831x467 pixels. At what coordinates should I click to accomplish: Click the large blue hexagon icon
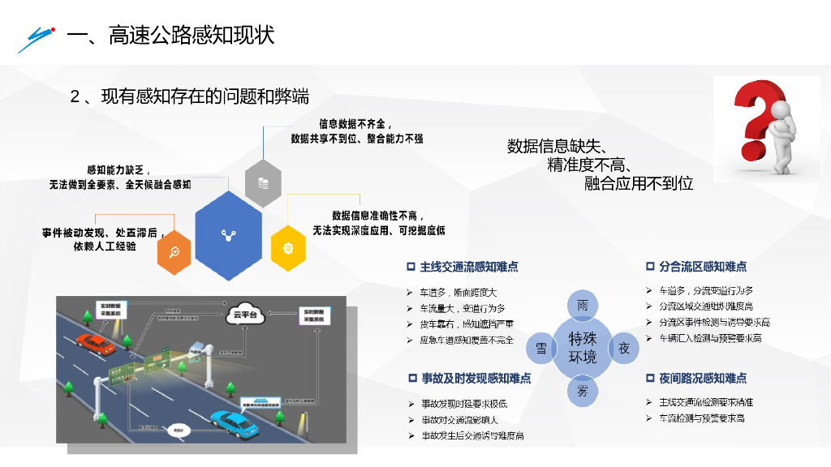coord(228,235)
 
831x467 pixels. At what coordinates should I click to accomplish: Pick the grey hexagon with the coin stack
coord(263,183)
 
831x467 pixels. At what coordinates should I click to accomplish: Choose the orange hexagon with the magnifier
coord(174,251)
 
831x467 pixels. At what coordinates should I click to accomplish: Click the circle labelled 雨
coord(582,306)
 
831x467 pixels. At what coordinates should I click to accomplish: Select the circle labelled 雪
coord(541,348)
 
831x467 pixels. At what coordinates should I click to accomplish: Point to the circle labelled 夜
coord(624,348)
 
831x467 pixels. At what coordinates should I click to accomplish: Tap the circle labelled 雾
coord(582,390)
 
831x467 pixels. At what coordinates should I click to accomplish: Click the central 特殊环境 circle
coord(582,348)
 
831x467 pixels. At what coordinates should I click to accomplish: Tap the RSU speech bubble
coord(178,431)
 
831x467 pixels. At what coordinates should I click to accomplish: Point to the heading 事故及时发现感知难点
coord(476,378)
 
